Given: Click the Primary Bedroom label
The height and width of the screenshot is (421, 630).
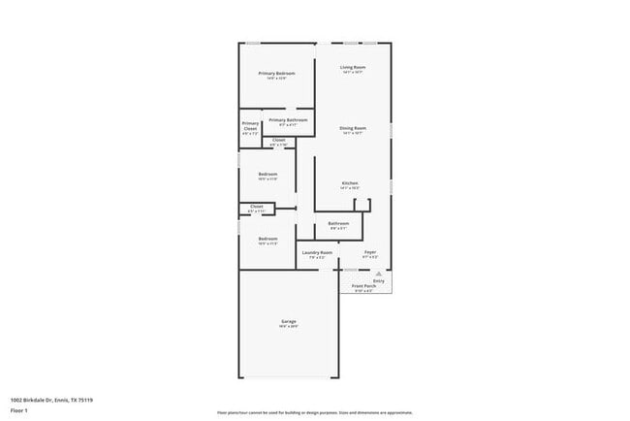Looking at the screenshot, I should pos(276,74).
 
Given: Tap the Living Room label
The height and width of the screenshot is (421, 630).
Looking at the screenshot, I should pos(352,67).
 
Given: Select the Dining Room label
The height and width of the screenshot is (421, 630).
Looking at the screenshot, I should pos(352,128).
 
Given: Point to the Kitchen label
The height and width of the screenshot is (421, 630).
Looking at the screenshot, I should pos(351,182).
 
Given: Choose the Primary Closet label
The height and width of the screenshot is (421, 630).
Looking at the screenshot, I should pos(250,126).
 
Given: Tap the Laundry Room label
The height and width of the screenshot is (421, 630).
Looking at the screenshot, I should pos(317,252).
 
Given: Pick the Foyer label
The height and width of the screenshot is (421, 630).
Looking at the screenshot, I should pos(370,252).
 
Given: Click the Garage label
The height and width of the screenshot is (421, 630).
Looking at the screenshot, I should pos(289,321).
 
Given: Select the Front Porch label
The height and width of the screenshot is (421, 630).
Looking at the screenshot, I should pos(363,286).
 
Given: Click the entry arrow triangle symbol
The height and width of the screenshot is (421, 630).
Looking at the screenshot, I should pos(379,275).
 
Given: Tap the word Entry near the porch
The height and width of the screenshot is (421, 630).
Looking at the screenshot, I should pos(379,280).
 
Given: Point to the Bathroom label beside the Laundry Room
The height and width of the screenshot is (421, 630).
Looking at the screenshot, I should pos(338,223).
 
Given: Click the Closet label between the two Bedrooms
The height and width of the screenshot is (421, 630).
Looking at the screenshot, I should pos(257,206).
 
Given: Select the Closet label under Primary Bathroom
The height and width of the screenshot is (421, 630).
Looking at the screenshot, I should pos(278,141).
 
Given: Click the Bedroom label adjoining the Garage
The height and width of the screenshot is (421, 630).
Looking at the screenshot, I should pos(268,239).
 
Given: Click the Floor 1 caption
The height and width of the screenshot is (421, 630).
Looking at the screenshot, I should pos(19,411).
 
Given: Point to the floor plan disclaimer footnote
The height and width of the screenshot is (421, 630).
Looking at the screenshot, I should pos(314,412).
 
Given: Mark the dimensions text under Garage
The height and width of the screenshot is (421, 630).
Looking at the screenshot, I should pos(289,327).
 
